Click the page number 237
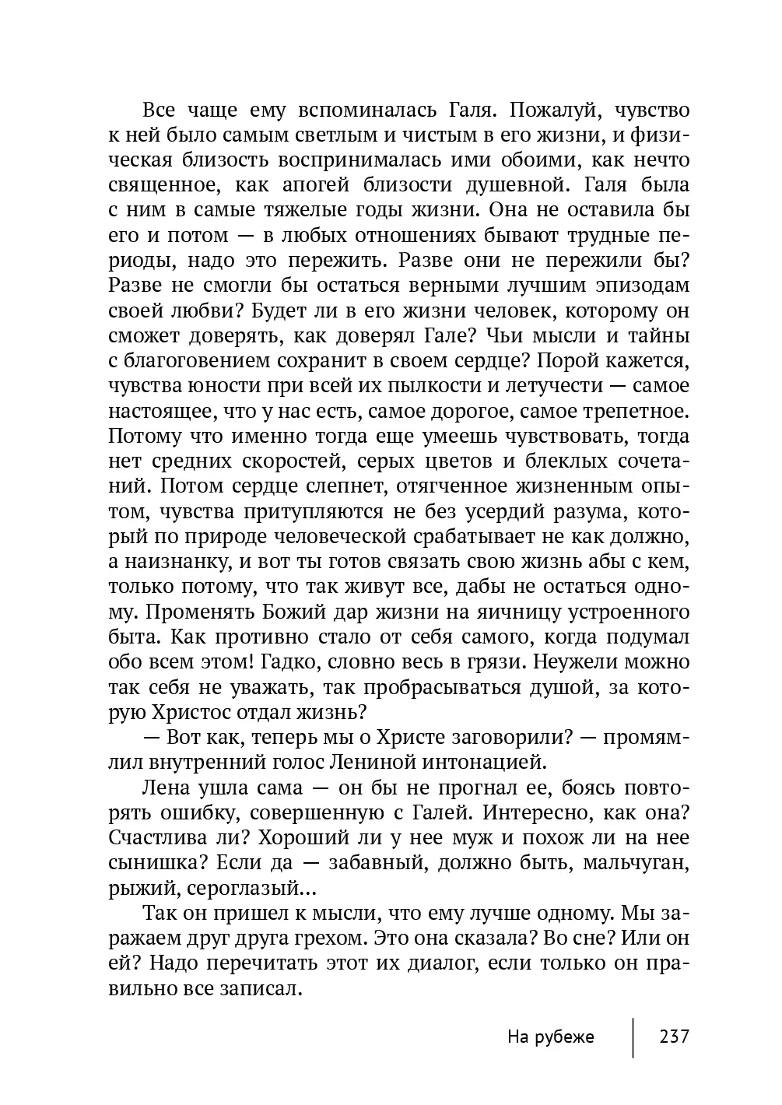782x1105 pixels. pyautogui.click(x=674, y=1037)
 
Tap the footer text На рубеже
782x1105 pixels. pyautogui.click(x=550, y=1037)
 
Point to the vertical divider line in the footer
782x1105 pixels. pyautogui.click(x=633, y=1037)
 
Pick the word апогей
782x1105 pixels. pyautogui.click(x=321, y=185)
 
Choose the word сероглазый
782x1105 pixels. pyautogui.click(x=243, y=888)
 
